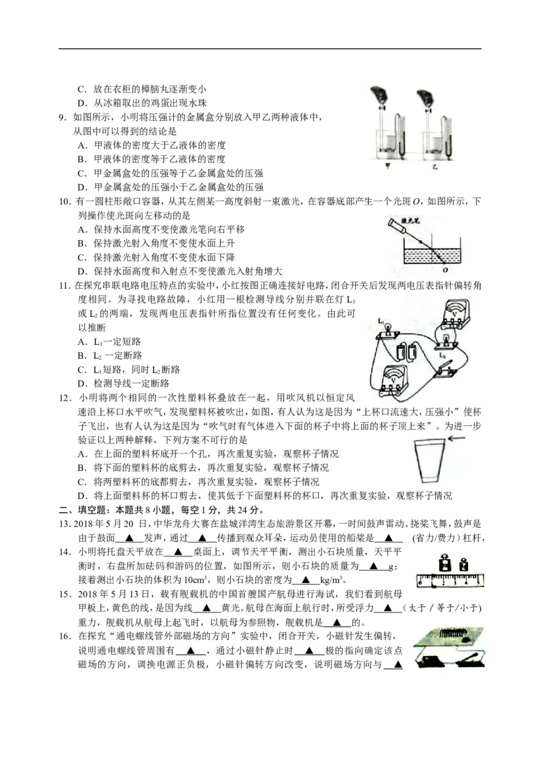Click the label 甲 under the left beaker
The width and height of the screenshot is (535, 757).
pyautogui.click(x=387, y=166)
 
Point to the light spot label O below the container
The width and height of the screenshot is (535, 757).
pyautogui.click(x=445, y=270)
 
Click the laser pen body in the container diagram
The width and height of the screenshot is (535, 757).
pyautogui.click(x=397, y=225)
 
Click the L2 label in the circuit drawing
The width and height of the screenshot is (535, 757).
pyautogui.click(x=442, y=354)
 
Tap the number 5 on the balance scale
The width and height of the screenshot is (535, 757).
pyautogui.click(x=477, y=582)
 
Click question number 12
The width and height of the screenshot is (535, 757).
pyautogui.click(x=65, y=398)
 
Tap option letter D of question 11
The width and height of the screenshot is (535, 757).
pyautogui.click(x=82, y=384)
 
